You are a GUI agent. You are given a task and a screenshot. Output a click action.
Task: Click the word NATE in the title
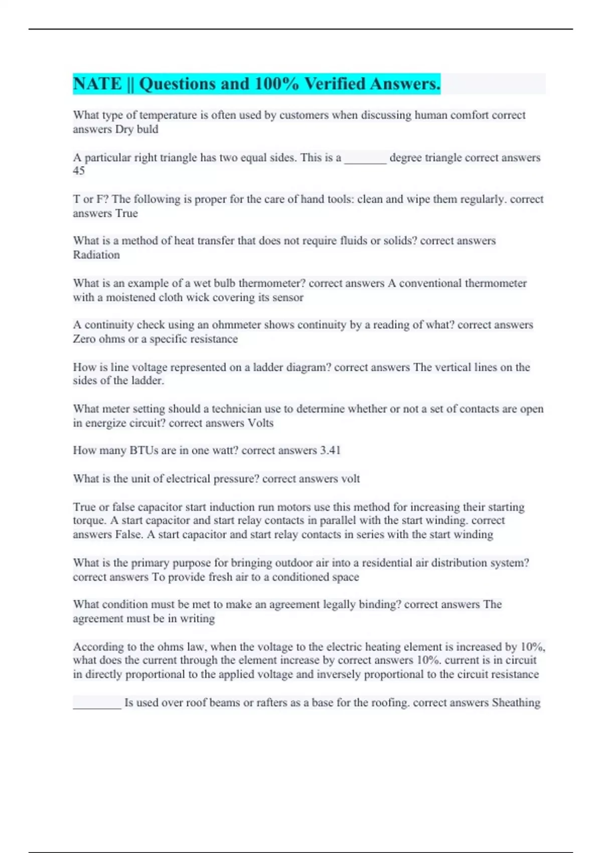[97, 84]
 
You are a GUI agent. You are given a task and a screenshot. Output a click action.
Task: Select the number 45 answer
[79, 171]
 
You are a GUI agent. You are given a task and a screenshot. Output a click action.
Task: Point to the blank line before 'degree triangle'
[365, 159]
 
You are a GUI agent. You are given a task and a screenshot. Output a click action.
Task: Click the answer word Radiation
[96, 255]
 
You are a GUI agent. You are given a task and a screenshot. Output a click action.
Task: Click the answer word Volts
[260, 423]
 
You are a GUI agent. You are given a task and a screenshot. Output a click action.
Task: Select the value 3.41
[330, 451]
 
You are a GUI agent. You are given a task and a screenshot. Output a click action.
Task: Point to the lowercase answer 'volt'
[350, 479]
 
